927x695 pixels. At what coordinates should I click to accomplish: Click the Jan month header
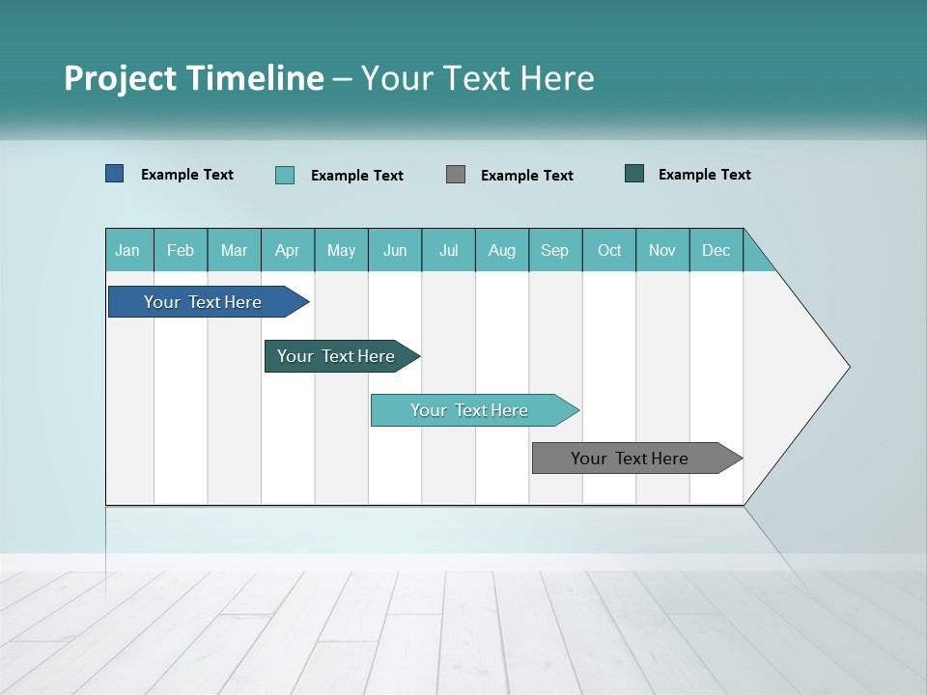(x=128, y=250)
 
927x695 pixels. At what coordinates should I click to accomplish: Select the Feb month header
(x=181, y=250)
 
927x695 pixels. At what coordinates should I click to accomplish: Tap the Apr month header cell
(x=288, y=250)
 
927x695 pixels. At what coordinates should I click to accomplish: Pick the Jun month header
(x=395, y=250)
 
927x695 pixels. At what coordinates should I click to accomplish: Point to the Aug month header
(x=502, y=250)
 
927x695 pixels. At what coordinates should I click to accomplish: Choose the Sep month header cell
(x=555, y=250)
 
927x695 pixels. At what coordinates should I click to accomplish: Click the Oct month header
(x=609, y=250)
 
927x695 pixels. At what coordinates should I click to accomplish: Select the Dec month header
(x=716, y=250)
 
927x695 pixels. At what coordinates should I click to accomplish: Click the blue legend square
(x=115, y=174)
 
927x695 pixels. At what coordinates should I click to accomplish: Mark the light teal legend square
(x=285, y=175)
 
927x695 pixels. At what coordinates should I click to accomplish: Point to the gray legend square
(x=456, y=174)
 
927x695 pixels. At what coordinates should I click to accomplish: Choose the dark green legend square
(x=634, y=174)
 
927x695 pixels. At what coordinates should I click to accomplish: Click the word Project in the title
(x=119, y=78)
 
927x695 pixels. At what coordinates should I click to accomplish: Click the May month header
(x=341, y=250)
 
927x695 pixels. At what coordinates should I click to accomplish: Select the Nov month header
(x=662, y=250)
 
